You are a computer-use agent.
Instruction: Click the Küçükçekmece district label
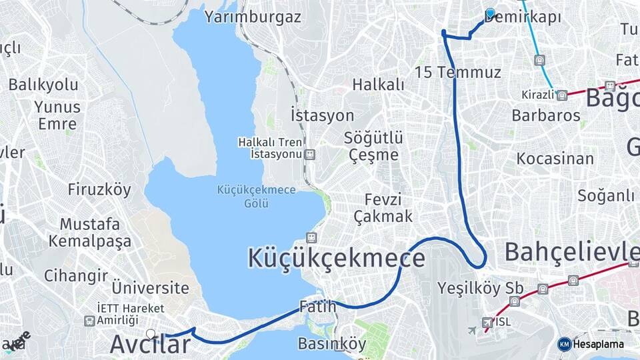[x=336, y=258]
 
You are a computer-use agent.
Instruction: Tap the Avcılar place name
[x=150, y=344]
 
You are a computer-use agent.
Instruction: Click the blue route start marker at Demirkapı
[x=491, y=13]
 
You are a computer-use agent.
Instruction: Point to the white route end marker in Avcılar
[x=151, y=333]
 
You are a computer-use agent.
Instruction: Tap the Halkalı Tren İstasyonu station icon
[x=309, y=155]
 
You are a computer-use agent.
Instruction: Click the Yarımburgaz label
[x=253, y=17]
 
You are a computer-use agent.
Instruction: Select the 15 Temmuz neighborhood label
[x=457, y=72]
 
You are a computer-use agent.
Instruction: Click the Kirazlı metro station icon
[x=562, y=95]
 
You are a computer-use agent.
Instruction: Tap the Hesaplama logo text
[x=598, y=344]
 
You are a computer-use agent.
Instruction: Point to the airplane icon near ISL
[x=473, y=330]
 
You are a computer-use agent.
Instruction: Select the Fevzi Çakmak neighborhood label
[x=383, y=208]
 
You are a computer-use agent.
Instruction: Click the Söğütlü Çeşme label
[x=373, y=146]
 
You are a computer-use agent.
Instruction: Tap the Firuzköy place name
[x=99, y=189]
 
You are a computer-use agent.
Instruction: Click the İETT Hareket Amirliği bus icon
[x=89, y=321]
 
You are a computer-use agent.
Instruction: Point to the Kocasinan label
[x=555, y=159]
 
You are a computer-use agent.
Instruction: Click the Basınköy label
[x=332, y=344]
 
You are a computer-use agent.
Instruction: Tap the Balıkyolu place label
[x=43, y=85]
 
